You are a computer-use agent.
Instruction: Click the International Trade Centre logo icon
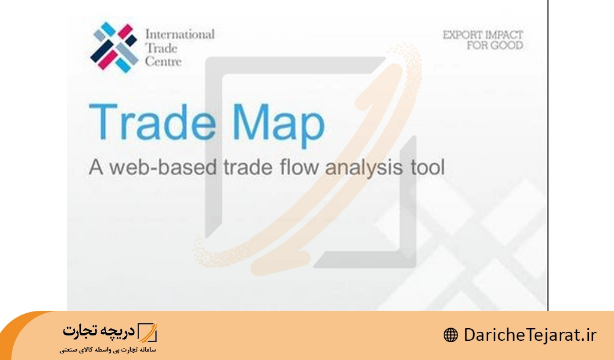[x=114, y=47]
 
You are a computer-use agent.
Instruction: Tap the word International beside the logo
[x=180, y=34]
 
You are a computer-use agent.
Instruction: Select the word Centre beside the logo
[x=163, y=62]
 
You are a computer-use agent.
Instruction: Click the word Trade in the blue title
[x=152, y=121]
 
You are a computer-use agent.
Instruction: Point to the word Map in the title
[x=279, y=125]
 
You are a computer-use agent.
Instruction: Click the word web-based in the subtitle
[x=162, y=167]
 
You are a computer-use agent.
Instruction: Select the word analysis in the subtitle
[x=364, y=169]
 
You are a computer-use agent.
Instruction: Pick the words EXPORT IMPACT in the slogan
[x=483, y=35]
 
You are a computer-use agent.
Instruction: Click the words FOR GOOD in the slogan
[x=495, y=46]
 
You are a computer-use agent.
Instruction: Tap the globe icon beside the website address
[x=451, y=335]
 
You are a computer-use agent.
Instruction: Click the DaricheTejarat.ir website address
[x=530, y=335]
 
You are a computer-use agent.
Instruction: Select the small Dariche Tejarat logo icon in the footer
[x=148, y=332]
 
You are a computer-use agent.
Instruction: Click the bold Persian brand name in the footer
[x=99, y=331]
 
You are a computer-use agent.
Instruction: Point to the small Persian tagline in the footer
[x=108, y=349]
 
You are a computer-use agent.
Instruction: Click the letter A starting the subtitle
[x=96, y=167]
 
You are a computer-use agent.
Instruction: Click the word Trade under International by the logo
[x=161, y=48]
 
